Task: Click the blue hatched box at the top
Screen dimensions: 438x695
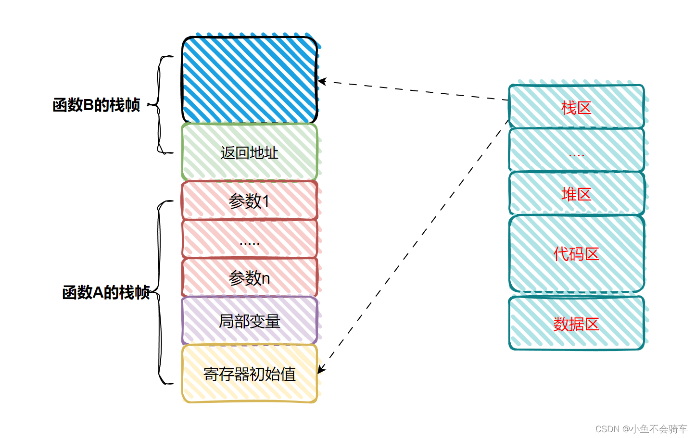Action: coord(250,80)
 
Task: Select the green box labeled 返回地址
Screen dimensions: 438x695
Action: coord(250,152)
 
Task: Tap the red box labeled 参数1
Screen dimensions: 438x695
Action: coord(250,200)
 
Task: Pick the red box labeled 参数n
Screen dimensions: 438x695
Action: coord(250,278)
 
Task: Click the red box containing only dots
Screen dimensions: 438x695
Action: coord(250,239)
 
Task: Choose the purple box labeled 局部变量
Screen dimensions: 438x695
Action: coord(250,321)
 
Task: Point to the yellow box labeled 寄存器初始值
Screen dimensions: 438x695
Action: coord(250,374)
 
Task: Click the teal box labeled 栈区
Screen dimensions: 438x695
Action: coord(576,107)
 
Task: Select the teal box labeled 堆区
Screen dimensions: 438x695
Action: coord(576,194)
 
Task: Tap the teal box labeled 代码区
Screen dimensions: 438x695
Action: coord(576,254)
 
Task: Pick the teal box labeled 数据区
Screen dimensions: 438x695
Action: coord(576,324)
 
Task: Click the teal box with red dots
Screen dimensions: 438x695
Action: coord(576,150)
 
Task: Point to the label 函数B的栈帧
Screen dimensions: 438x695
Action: coord(96,105)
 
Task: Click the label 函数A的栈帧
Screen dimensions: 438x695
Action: coord(106,292)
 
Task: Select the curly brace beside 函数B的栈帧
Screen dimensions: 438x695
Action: coord(160,105)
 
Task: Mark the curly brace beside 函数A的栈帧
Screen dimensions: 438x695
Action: coord(160,292)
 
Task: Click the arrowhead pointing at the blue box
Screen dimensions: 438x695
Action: coord(322,81)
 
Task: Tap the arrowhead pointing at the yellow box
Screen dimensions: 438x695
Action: coord(321,369)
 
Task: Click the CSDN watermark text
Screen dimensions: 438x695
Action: coord(641,429)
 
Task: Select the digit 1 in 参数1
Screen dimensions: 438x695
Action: coord(265,201)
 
